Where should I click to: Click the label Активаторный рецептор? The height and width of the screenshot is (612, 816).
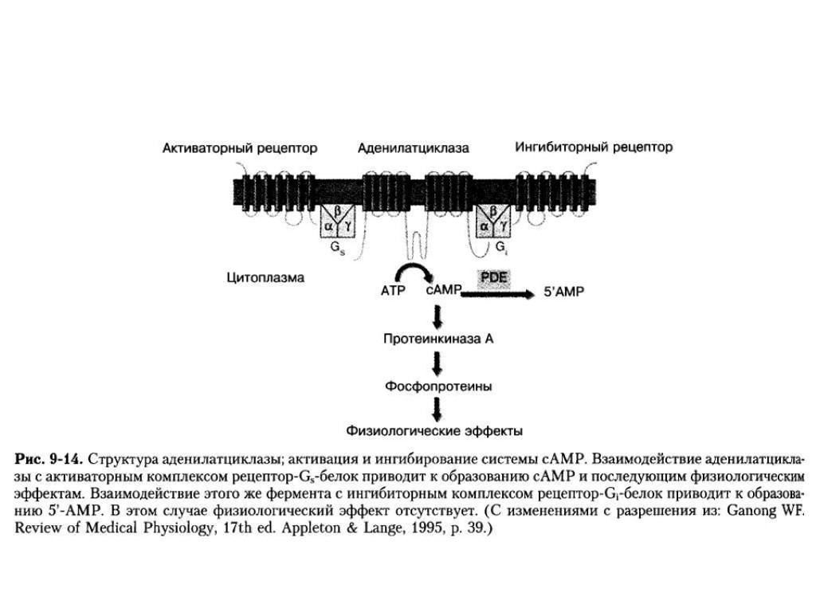coord(240,148)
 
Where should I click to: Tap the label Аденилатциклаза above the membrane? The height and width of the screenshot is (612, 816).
coord(413,148)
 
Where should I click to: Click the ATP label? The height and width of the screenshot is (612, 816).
coord(394,292)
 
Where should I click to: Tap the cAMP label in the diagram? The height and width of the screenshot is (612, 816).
coord(443,292)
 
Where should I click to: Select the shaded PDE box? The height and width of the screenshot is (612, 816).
coord(494,278)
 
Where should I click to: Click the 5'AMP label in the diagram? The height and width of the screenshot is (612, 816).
coord(563,292)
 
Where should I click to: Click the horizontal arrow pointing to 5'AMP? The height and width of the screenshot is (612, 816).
coord(499,293)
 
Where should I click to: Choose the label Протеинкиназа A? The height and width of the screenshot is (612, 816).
coord(438,339)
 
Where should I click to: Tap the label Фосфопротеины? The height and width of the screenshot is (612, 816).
coord(438,386)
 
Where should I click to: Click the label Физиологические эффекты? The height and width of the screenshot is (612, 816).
coord(434,432)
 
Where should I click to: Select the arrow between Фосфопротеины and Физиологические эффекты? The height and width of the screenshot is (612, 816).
coord(437,409)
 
